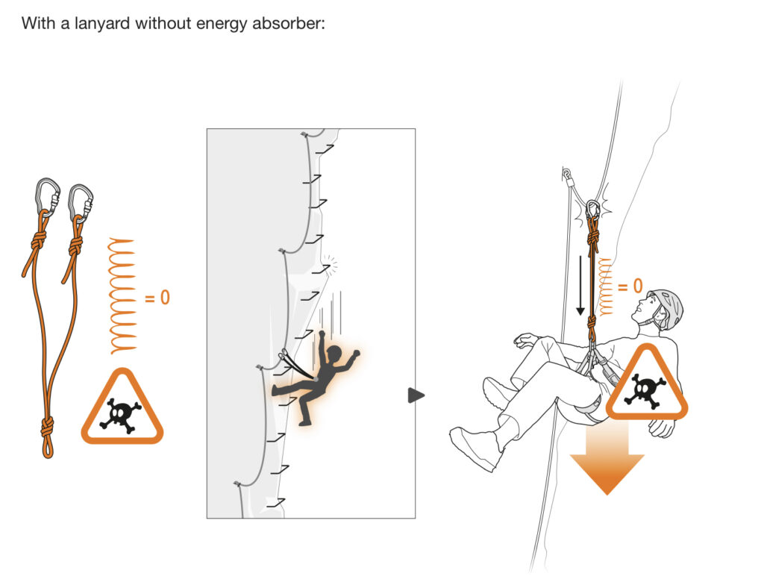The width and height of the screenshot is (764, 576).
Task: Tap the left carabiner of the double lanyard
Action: coord(46,195)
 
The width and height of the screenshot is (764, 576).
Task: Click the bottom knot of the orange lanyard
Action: coord(46,431)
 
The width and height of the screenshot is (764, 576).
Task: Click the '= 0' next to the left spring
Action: coord(157,298)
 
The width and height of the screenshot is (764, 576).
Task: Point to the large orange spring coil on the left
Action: coord(122,295)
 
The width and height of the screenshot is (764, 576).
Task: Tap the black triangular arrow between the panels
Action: coord(416,395)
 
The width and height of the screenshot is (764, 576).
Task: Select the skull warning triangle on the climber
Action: coord(646,384)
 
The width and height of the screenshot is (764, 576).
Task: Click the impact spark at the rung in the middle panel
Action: coord(329,264)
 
